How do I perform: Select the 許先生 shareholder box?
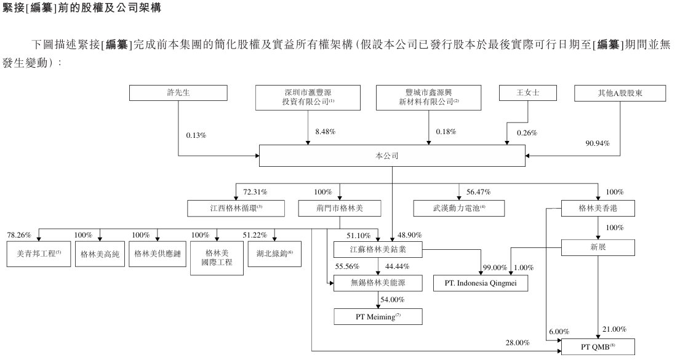click(178, 93)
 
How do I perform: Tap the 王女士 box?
click(527, 93)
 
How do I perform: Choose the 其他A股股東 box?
click(620, 93)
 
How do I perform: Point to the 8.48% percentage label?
click(326, 132)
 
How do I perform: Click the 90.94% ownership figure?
click(597, 143)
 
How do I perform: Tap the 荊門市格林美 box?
click(339, 208)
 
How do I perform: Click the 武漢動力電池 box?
click(458, 208)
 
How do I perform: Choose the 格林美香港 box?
click(598, 208)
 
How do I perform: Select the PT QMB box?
click(598, 347)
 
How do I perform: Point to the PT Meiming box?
click(378, 316)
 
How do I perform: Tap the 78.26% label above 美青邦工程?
click(19, 235)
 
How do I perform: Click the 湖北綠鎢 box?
click(274, 254)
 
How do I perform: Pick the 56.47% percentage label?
click(479, 192)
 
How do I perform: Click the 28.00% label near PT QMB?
click(518, 343)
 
